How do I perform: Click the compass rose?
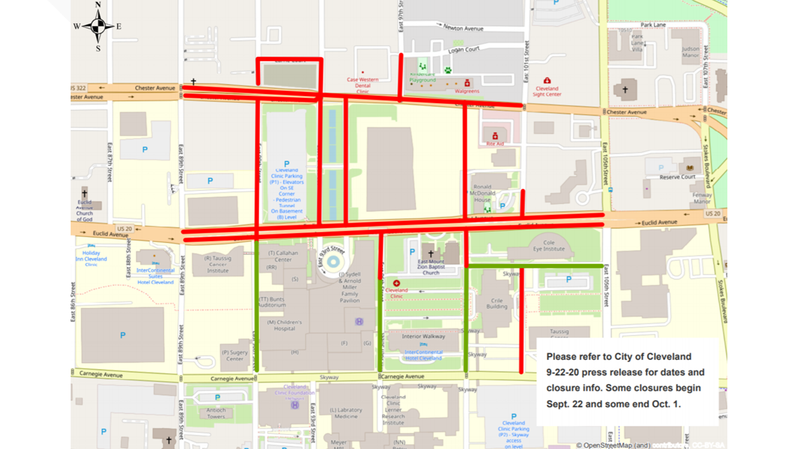click(x=98, y=27)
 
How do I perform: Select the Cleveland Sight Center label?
click(x=547, y=92)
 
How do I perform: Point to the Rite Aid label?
click(x=495, y=144)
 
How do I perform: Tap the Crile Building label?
click(x=497, y=302)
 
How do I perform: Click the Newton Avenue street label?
click(x=463, y=29)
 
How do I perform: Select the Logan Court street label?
click(x=463, y=49)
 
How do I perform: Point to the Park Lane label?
click(x=653, y=25)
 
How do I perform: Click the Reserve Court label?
click(x=678, y=177)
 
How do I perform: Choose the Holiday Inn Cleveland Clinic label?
click(x=96, y=258)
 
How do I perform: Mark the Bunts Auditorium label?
click(x=272, y=302)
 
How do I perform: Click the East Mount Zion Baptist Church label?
click(x=431, y=266)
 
